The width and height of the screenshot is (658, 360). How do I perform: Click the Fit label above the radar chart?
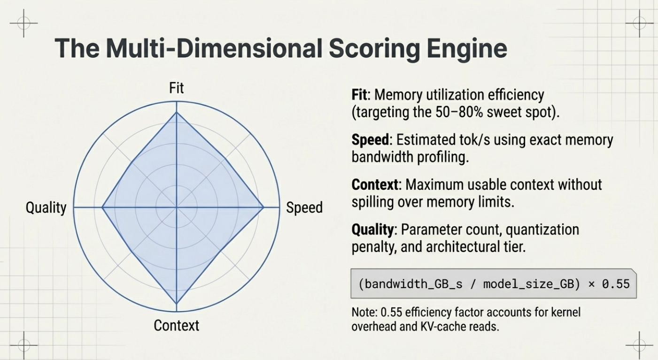(176, 88)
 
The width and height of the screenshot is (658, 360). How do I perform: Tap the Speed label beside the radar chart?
(304, 207)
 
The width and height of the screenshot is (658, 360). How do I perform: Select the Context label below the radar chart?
(176, 325)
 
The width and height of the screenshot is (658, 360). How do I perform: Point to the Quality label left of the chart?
(46, 208)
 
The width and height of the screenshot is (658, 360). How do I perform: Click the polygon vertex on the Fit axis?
(177, 112)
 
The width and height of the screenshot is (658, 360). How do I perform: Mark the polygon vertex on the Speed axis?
(263, 207)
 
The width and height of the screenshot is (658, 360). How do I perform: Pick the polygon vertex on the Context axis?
(177, 304)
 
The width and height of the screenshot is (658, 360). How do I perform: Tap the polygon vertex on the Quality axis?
(102, 207)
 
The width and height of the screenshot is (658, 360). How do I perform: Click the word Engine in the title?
(467, 49)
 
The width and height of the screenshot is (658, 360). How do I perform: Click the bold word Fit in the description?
(359, 95)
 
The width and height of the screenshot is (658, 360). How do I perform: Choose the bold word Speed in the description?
(370, 140)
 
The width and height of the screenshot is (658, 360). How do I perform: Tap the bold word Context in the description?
(375, 185)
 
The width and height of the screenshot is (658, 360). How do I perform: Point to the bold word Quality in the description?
(372, 230)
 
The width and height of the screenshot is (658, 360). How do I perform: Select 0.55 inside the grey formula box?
(616, 284)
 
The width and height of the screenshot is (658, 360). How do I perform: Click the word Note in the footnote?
(363, 312)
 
